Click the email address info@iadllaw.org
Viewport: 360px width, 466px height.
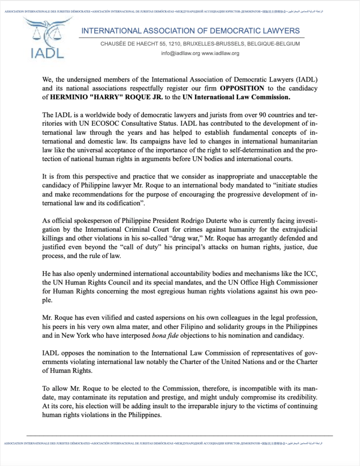pos(180,53)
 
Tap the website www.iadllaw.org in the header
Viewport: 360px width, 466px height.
pos(220,53)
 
